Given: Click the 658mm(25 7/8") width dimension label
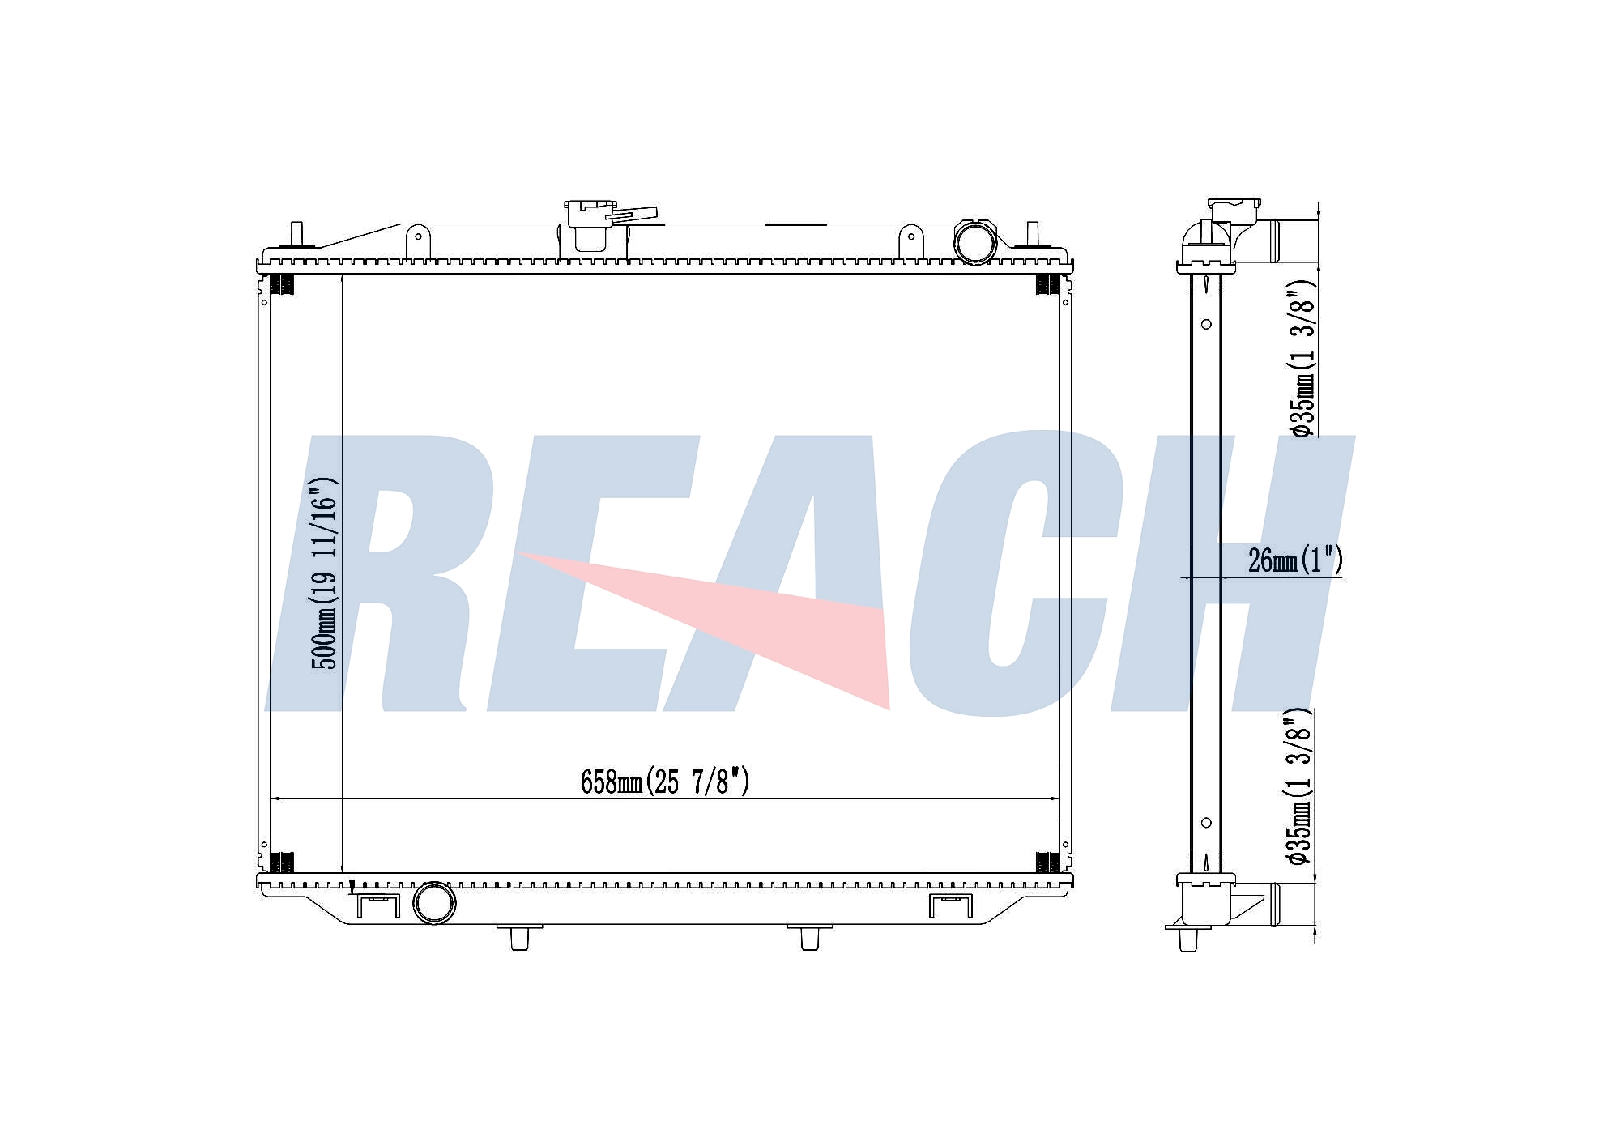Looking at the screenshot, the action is [665, 782].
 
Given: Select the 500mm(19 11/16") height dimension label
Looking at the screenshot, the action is [324, 573].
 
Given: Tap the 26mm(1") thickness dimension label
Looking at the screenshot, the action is [1295, 560].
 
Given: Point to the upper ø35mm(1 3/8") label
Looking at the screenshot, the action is [1302, 360].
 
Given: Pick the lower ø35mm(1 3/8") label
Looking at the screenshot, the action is [1299, 786].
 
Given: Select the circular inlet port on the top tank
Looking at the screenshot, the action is [974, 241].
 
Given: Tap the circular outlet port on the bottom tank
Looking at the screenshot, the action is [434, 903].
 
